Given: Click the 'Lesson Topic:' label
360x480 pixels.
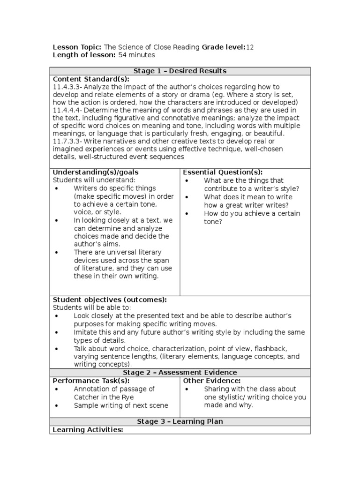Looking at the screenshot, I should tap(77, 47).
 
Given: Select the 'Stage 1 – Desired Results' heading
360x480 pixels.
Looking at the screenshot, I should tap(180, 71).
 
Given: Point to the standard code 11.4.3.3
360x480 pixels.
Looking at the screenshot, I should tap(67, 87).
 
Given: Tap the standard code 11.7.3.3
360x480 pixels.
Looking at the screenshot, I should tap(67, 141).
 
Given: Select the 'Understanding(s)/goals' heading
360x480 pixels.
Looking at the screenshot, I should tap(95, 172).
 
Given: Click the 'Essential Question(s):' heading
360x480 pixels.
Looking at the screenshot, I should tap(223, 172).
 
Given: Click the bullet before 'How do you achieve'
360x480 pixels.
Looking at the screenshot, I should tap(187, 214).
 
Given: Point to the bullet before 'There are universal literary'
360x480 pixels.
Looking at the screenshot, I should tap(56, 252).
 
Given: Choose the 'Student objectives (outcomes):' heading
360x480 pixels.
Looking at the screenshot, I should tap(109, 300).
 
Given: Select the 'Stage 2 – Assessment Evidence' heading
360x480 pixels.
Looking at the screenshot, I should tap(180, 373).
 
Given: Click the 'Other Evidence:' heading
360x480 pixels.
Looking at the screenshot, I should tap(211, 381).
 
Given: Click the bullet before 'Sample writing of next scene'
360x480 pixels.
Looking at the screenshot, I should tap(56, 405).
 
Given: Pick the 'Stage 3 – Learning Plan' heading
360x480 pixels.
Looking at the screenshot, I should tap(180, 421).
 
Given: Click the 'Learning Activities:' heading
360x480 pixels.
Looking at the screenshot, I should tap(88, 429).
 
